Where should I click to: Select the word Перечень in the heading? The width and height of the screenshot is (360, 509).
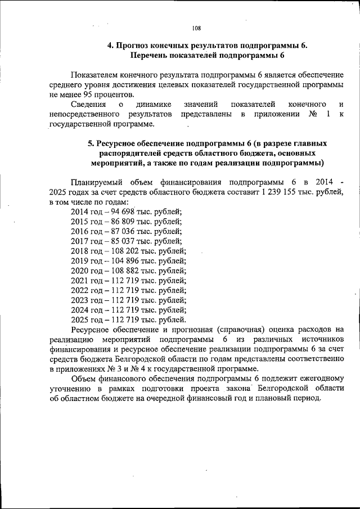coord(151,56)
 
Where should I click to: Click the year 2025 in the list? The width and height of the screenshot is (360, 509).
coord(80,319)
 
